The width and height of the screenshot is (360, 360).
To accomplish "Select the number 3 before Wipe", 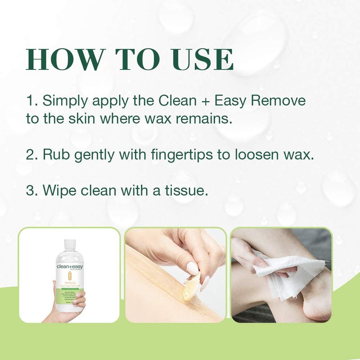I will click(x=31, y=190).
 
